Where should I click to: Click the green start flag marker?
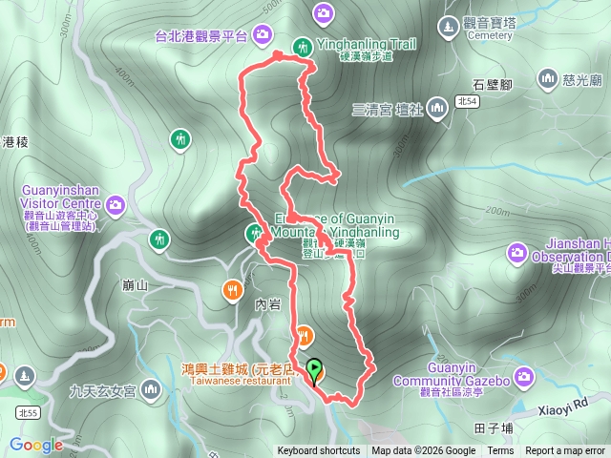(314, 368)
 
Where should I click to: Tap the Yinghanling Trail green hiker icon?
(303, 45)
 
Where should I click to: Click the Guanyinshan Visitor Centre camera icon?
(116, 203)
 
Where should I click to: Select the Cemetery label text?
(490, 35)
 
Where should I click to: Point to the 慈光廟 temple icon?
(548, 77)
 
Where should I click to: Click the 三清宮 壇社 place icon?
(437, 108)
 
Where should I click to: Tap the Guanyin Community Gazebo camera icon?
(522, 378)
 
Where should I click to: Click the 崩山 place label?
(137, 284)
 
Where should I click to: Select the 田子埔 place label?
(494, 428)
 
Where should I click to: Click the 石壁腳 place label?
(493, 85)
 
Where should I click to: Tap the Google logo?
(36, 445)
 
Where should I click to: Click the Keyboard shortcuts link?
(319, 451)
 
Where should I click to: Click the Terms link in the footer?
(499, 451)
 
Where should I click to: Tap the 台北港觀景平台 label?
(201, 36)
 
